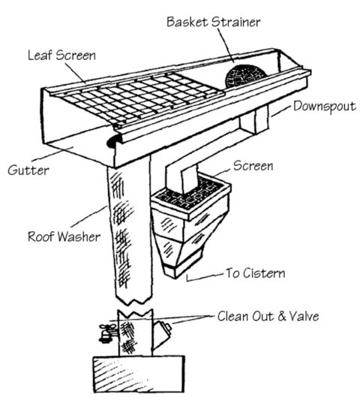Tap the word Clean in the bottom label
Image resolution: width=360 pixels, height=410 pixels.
(x=233, y=316)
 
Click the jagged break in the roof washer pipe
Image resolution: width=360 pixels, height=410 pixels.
(x=133, y=308)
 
